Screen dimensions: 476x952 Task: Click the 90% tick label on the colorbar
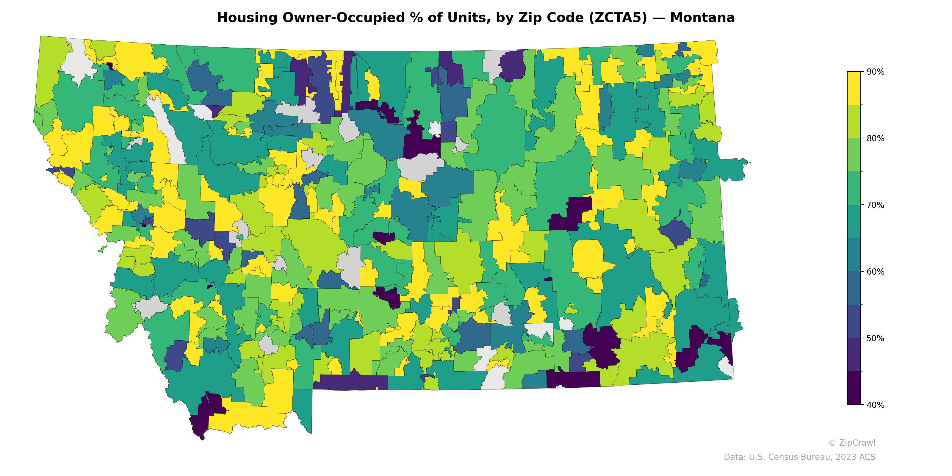pos(875,72)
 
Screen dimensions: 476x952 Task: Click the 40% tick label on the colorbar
pos(875,405)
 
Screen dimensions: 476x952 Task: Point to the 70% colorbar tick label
pos(875,205)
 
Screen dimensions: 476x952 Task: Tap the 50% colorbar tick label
pos(875,339)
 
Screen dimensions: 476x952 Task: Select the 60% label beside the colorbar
pos(875,272)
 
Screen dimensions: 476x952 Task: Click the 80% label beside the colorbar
pos(875,139)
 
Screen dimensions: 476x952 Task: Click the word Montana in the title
pos(702,18)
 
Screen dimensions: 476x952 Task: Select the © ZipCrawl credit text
pos(851,443)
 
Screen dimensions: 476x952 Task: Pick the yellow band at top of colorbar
pos(854,88)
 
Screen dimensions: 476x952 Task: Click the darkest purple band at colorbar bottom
pos(854,388)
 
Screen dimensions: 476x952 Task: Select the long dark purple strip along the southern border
pos(573,380)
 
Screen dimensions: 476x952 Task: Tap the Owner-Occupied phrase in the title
pos(351,18)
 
